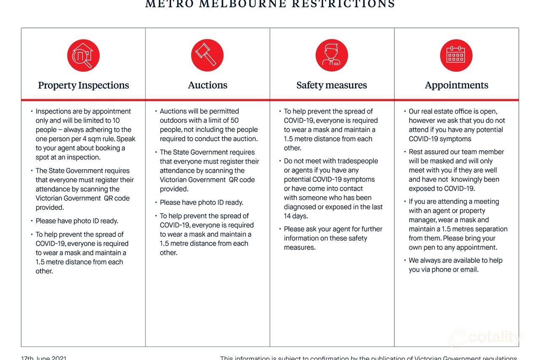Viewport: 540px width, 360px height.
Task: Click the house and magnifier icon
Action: tap(83, 55)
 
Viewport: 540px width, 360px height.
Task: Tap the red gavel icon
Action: tap(207, 55)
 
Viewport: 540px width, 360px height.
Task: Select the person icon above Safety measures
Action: tap(332, 55)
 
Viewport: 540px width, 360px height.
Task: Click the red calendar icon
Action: tap(456, 55)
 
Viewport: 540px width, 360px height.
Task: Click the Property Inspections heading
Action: tap(84, 85)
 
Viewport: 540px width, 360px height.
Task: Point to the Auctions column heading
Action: tap(208, 85)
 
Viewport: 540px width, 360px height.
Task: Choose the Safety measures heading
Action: tap(332, 85)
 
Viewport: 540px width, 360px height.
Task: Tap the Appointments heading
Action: tap(456, 85)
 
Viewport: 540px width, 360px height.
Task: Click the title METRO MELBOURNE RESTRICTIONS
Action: tap(270, 4)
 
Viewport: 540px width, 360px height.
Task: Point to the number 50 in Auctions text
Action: tap(235, 120)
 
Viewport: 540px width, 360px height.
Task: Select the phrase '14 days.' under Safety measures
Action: tap(296, 216)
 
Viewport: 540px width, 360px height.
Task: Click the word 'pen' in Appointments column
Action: tap(442, 247)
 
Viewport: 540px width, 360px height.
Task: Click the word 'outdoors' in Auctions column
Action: tap(173, 120)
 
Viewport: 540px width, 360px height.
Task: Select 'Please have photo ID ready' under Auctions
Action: tap(201, 203)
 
